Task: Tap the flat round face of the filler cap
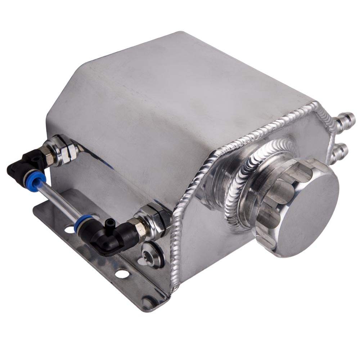point(306,216)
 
